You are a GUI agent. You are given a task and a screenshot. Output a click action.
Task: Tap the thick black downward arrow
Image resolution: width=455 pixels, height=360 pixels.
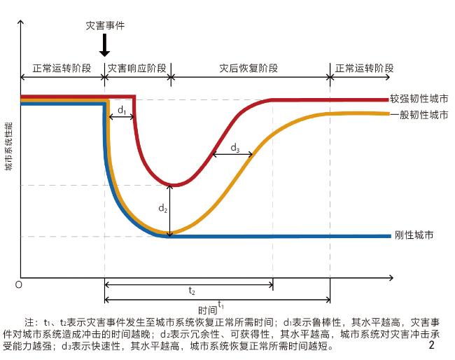tap(104, 46)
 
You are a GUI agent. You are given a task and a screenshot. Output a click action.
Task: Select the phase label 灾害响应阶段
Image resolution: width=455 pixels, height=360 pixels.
tap(136, 69)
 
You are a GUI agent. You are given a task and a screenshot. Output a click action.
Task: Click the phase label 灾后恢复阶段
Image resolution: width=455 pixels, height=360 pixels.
tap(249, 69)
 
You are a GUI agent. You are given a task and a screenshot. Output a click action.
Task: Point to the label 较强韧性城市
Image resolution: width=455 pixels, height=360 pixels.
tap(419, 100)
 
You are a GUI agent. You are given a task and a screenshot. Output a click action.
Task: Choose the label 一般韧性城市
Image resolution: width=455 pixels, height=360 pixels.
tap(419, 114)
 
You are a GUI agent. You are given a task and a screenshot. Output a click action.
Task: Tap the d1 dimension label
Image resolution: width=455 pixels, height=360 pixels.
tap(121, 110)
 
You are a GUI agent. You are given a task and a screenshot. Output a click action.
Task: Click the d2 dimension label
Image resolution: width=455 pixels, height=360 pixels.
tap(163, 208)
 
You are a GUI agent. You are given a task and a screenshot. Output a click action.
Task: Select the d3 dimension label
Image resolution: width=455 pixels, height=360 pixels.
tap(235, 148)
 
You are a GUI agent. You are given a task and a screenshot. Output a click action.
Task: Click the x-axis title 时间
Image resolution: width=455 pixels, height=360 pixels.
tap(207, 309)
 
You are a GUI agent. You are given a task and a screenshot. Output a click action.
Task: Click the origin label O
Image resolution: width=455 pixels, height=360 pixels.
tap(18, 284)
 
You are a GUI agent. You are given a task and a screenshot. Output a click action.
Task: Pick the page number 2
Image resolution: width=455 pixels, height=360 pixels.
tap(432, 345)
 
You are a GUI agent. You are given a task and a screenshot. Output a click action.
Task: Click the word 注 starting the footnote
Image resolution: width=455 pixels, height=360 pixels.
tap(29, 322)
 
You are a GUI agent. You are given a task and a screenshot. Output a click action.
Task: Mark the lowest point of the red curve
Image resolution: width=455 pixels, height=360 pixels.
tap(171, 185)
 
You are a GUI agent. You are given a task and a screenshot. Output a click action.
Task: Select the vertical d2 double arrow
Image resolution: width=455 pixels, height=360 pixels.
tap(170, 209)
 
